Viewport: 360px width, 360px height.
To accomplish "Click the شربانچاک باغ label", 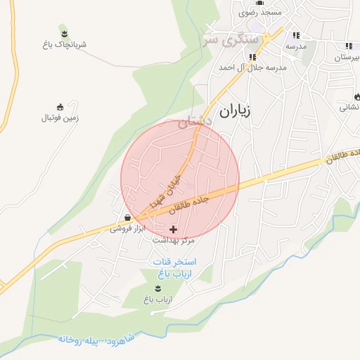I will [x=64, y=44].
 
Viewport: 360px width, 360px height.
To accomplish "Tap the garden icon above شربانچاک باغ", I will [x=64, y=33].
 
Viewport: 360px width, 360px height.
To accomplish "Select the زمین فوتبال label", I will [x=60, y=118].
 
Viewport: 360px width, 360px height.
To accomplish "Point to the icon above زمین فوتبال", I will [x=60, y=107].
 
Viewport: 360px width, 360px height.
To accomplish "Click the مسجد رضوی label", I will [x=260, y=13].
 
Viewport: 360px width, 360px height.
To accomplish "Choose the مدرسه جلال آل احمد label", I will [x=252, y=67].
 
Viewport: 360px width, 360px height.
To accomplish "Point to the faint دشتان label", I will [x=193, y=122].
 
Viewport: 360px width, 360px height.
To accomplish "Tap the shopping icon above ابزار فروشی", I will [x=126, y=218].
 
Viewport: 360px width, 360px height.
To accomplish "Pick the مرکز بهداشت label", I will [x=173, y=240].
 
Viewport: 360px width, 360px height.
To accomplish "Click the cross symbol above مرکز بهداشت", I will [x=174, y=229].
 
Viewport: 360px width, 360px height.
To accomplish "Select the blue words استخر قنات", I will [x=175, y=262].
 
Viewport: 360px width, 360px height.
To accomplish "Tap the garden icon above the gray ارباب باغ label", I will [x=157, y=288].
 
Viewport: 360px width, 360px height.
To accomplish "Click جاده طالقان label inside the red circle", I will [x=189, y=204].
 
